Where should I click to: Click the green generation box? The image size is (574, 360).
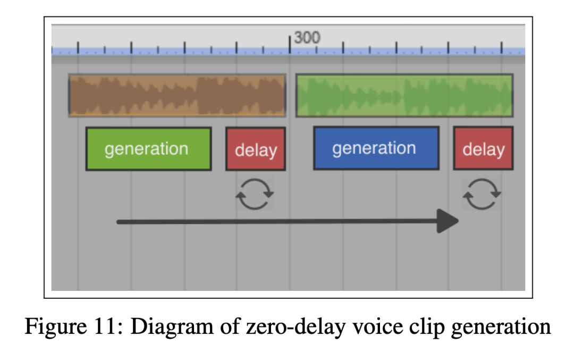[x=149, y=149]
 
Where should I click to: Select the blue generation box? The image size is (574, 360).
[x=376, y=148]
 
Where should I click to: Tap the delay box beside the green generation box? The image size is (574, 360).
[x=256, y=149]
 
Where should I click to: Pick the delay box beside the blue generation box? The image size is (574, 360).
[x=483, y=148]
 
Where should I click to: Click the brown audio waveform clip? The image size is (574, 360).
[x=177, y=95]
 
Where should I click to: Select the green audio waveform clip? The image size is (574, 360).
[x=404, y=95]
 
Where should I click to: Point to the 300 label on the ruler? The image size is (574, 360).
[x=307, y=37]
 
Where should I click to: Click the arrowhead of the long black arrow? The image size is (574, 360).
[x=448, y=221]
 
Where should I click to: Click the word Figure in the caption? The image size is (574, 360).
[x=56, y=326]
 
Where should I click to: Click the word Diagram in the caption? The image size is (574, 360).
[x=172, y=326]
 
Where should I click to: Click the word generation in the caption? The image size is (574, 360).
[x=501, y=327]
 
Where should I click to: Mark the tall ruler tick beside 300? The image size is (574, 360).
[x=290, y=44]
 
